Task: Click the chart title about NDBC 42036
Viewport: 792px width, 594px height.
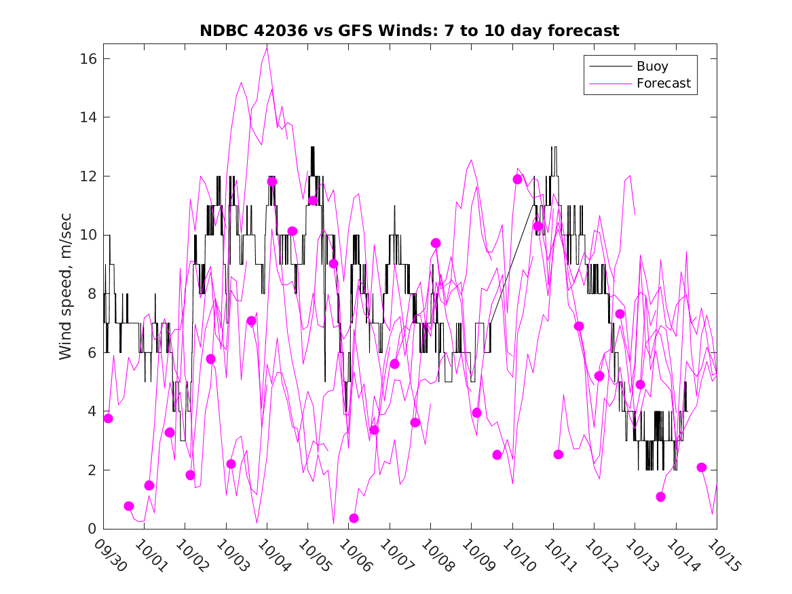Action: click(x=409, y=31)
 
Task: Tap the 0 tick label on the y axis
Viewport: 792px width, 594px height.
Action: click(x=90, y=529)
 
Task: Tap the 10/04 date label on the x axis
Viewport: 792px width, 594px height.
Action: click(x=272, y=555)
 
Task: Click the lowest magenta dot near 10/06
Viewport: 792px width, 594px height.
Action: click(x=354, y=519)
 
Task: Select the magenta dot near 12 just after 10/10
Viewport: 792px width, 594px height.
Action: click(x=517, y=179)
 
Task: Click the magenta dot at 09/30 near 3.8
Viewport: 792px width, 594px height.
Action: click(x=108, y=418)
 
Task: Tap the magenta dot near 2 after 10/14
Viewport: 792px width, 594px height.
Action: click(x=702, y=467)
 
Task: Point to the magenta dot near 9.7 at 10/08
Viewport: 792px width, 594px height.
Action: click(x=436, y=243)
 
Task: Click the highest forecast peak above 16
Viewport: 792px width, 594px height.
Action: click(x=267, y=48)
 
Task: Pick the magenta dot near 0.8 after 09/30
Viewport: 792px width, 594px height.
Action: click(x=129, y=506)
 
